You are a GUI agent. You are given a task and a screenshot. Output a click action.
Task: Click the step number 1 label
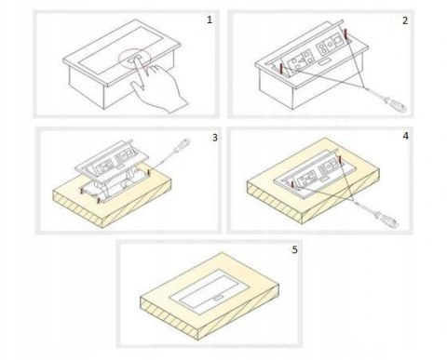210,20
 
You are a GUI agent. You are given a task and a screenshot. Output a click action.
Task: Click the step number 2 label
405,20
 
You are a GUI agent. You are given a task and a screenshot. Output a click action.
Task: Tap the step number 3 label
215,138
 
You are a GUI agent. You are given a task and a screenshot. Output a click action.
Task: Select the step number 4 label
405,136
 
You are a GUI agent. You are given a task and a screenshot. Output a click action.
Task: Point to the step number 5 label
294,249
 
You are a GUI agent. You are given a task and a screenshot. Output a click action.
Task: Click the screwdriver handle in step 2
395,104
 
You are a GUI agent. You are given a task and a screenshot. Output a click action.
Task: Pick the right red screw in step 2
345,33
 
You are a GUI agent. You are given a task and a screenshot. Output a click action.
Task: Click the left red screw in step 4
292,185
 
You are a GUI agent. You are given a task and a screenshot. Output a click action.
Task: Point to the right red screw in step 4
340,160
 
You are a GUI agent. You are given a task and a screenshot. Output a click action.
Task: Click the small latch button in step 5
218,299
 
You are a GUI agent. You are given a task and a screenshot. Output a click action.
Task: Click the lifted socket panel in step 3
113,162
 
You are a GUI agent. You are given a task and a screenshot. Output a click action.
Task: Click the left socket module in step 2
300,60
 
